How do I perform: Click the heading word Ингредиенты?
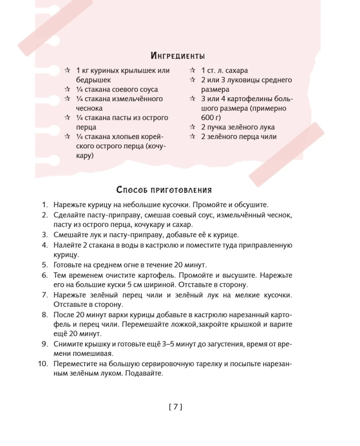178,56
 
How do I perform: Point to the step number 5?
45,264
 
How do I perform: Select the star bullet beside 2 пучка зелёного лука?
192,127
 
